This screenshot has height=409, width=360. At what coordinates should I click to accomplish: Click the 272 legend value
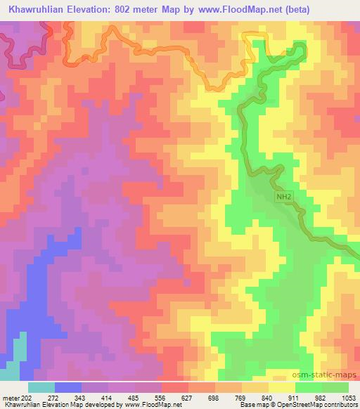coord(56,397)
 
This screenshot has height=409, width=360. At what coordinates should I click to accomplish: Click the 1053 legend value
coord(347,397)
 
